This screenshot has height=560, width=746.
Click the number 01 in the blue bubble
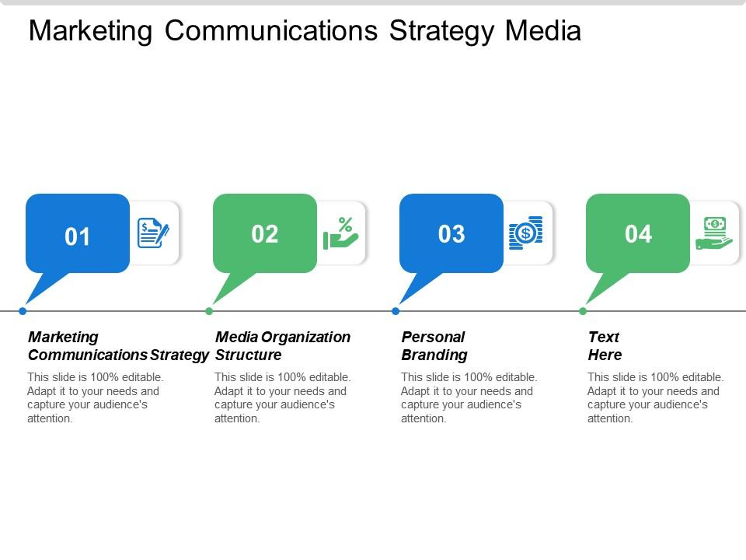78,236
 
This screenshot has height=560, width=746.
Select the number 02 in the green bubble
265,234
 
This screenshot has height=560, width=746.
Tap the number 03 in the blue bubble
451,234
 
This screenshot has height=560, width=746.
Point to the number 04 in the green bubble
638,234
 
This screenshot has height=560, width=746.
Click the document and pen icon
153,233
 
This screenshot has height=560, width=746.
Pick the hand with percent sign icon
340,233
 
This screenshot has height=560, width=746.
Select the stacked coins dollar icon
526,233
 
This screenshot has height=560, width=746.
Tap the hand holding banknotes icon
713,233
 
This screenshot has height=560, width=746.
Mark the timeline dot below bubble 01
23,311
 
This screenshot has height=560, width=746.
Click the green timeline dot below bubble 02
209,311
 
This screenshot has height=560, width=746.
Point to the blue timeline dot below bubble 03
396,311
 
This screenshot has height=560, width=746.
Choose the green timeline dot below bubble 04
583,311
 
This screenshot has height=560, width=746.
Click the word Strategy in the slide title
441,31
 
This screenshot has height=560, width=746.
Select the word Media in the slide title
542,31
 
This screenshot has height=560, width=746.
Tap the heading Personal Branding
434,346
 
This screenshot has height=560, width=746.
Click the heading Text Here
605,346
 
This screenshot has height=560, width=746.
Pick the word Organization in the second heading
305,338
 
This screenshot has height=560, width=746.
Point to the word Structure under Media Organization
248,355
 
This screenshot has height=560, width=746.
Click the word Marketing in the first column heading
63,338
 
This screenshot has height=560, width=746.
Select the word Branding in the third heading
434,355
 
